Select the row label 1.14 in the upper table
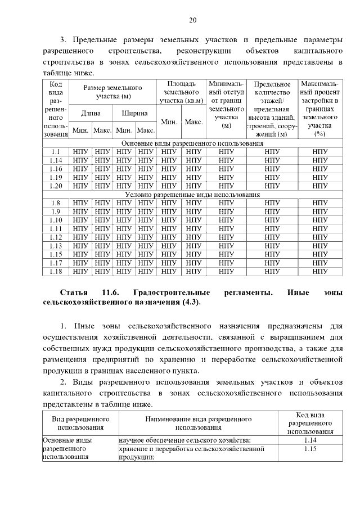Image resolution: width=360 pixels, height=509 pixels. [55, 160]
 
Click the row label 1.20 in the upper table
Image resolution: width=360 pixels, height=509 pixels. [55, 186]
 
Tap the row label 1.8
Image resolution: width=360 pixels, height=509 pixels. [55, 203]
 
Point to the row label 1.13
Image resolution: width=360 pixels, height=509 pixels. [55, 246]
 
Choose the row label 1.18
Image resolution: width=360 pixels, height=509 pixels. [55, 271]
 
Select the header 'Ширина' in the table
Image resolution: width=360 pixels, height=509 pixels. [134, 113]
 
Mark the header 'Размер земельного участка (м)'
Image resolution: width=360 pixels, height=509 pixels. [112, 92]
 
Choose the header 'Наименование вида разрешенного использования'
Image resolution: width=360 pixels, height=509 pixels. [197, 424]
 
